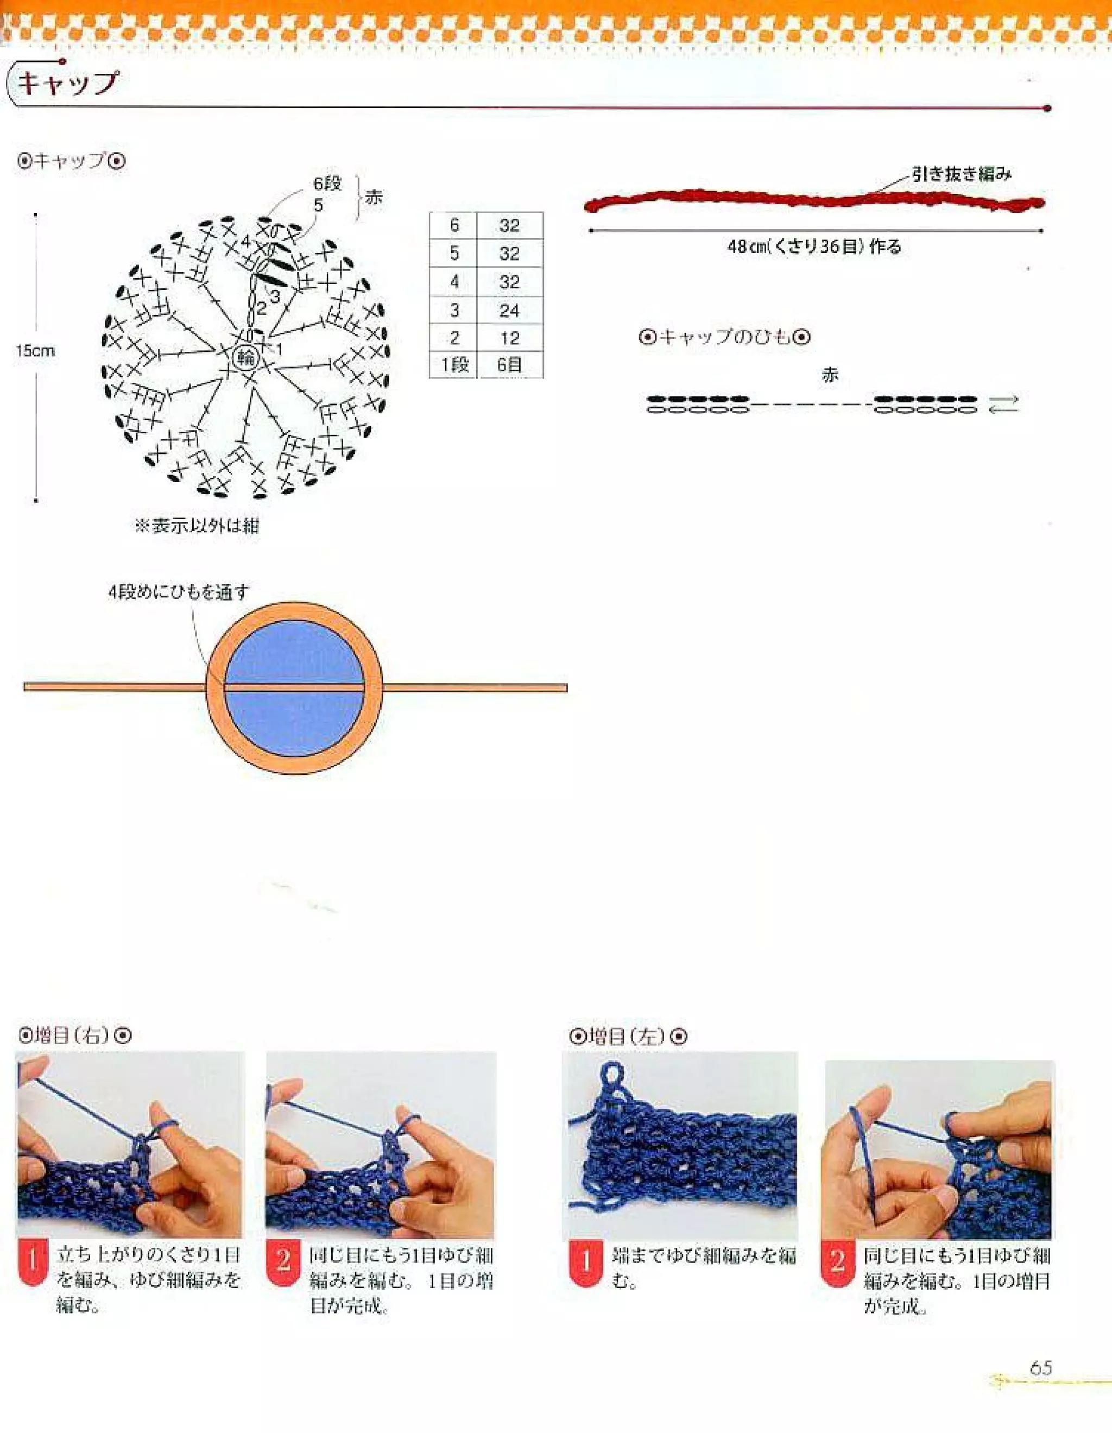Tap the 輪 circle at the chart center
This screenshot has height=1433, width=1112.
coord(247,358)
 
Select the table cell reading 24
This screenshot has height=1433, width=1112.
coord(509,311)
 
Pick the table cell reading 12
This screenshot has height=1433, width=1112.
coord(509,339)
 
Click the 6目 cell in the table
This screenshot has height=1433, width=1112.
coord(509,365)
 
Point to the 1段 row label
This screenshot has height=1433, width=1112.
coord(454,365)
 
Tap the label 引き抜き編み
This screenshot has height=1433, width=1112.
coord(962,174)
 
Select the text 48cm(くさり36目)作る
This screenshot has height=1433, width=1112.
coord(814,248)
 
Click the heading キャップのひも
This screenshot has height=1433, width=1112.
coord(724,337)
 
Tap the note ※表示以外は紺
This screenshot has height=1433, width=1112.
coord(196,526)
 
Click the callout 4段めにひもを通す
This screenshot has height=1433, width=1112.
coord(179,592)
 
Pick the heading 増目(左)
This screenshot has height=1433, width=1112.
coord(627,1037)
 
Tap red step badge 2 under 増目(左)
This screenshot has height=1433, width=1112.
coord(837,1261)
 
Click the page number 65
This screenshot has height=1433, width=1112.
coord(1040,1368)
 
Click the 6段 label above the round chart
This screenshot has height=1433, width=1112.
coord(327,183)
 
